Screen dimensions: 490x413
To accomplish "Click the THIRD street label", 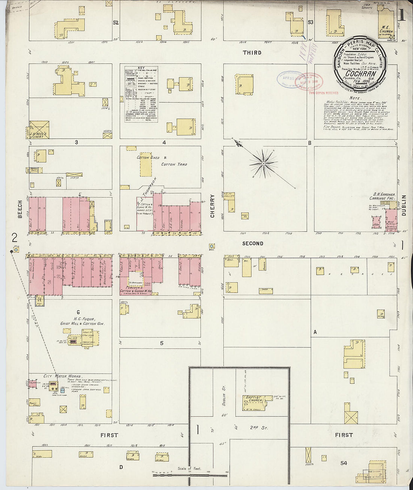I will pos(252,53).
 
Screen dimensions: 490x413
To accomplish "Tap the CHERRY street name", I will pos(213,206).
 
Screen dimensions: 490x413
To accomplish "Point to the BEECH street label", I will pos(20,209).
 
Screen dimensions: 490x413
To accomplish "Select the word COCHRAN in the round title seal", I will pos(361,74).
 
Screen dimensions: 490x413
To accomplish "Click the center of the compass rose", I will pos(264,163).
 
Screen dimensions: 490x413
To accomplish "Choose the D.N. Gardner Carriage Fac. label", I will pos(382,196).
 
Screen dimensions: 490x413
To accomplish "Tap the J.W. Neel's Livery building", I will pos(39,130).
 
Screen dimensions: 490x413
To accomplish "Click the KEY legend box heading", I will pos(141,68).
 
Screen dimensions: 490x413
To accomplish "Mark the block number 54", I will pos(344,463).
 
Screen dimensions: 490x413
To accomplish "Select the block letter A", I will pos(315,332).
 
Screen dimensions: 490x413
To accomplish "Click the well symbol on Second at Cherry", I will pos(212,246).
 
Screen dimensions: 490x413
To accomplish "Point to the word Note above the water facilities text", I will pos(355,98).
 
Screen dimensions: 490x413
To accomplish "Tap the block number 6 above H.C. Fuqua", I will pos(78,312).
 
